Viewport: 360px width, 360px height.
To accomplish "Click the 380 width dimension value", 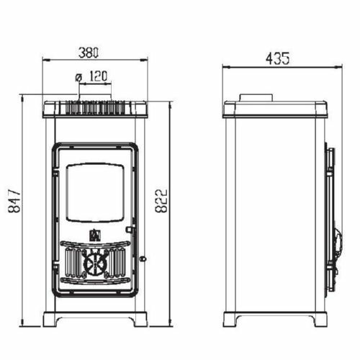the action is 89,53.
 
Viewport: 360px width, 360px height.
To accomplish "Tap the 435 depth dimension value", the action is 278,58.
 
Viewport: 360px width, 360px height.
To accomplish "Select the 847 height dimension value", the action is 14,202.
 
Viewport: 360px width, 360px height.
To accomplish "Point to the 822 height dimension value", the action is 161,201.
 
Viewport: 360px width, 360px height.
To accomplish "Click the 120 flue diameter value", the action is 98,76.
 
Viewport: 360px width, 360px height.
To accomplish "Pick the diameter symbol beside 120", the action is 78,78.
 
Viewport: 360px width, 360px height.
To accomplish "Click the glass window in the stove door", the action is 96,193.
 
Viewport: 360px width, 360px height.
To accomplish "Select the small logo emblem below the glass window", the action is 94,235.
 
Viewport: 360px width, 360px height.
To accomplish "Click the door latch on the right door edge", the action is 129,230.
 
